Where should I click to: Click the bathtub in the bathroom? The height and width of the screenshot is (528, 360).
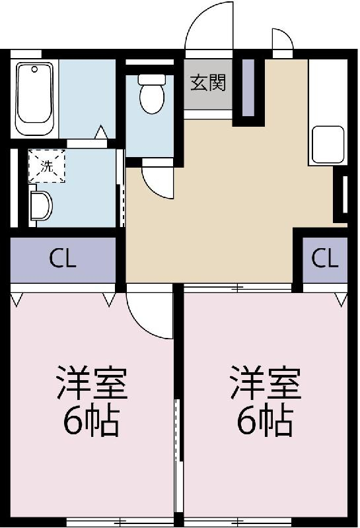coord(35,98)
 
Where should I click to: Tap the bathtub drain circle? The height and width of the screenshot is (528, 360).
coord(34,69)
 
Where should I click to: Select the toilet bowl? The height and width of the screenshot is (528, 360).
coord(152,98)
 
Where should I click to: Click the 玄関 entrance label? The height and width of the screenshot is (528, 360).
coord(207,83)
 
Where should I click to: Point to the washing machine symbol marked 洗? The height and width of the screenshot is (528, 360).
coord(46,166)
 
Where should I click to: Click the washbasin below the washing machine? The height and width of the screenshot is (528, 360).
coord(40,206)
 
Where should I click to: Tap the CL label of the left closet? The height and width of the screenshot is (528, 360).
coord(63,259)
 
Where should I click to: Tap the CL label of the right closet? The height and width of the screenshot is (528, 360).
coord(324,259)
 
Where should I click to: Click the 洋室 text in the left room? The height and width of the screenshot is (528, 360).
coord(92,383)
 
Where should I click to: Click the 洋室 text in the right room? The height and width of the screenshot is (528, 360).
coord(265,383)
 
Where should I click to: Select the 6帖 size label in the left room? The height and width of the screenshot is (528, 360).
coord(92,421)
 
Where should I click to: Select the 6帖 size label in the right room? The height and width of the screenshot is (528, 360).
coord(265,421)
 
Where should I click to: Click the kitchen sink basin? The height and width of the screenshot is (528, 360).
coord(328,145)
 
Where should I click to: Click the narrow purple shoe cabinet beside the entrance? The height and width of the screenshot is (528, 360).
coord(248,88)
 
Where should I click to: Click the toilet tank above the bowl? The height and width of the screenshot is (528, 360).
coord(152,79)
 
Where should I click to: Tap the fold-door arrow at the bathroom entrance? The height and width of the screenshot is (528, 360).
coord(101,132)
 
